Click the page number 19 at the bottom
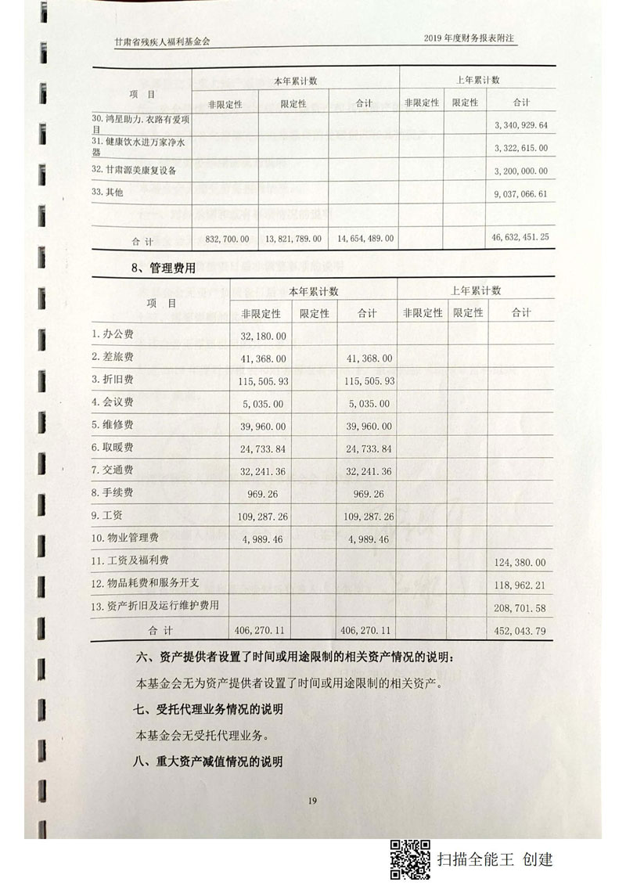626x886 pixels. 312,799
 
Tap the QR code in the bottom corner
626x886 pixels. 411,859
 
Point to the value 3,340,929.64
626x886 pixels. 520,125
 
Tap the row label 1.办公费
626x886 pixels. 113,334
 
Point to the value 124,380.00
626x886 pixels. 520,562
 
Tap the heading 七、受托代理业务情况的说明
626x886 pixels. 207,709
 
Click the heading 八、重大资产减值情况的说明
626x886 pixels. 207,761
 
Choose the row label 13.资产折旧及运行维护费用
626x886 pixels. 155,605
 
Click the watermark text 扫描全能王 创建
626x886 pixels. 495,859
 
